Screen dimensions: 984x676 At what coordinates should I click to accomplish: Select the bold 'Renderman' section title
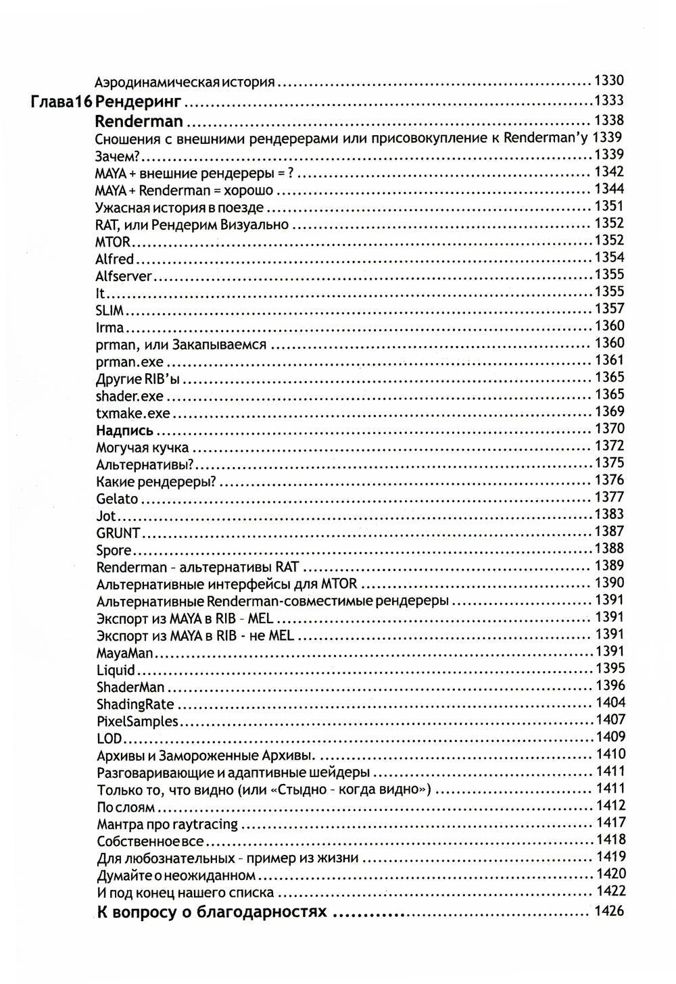tap(139, 122)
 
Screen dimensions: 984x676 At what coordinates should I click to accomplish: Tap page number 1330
tap(608, 81)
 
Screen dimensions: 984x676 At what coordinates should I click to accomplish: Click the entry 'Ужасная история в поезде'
tap(180, 207)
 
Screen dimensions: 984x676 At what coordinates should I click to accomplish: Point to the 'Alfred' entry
tap(116, 259)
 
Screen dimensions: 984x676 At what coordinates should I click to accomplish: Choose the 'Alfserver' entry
tap(124, 276)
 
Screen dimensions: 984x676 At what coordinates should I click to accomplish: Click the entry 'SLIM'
tap(110, 310)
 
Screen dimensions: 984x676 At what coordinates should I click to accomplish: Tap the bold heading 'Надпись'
tap(124, 430)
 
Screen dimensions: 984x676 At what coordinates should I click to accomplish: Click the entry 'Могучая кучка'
tap(143, 447)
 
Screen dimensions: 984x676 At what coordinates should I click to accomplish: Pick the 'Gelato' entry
tap(117, 499)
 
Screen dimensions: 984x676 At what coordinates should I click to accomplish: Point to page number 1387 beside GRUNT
tap(609, 532)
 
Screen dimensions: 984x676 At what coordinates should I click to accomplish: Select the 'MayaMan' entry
tap(125, 654)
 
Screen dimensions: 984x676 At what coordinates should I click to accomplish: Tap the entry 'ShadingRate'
tap(135, 705)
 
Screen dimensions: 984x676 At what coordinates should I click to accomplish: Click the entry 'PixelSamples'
tap(137, 722)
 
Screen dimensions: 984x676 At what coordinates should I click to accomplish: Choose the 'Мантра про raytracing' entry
tap(167, 825)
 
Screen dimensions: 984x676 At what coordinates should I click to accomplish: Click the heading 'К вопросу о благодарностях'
tap(212, 912)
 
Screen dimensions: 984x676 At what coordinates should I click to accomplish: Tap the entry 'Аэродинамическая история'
tap(185, 82)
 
